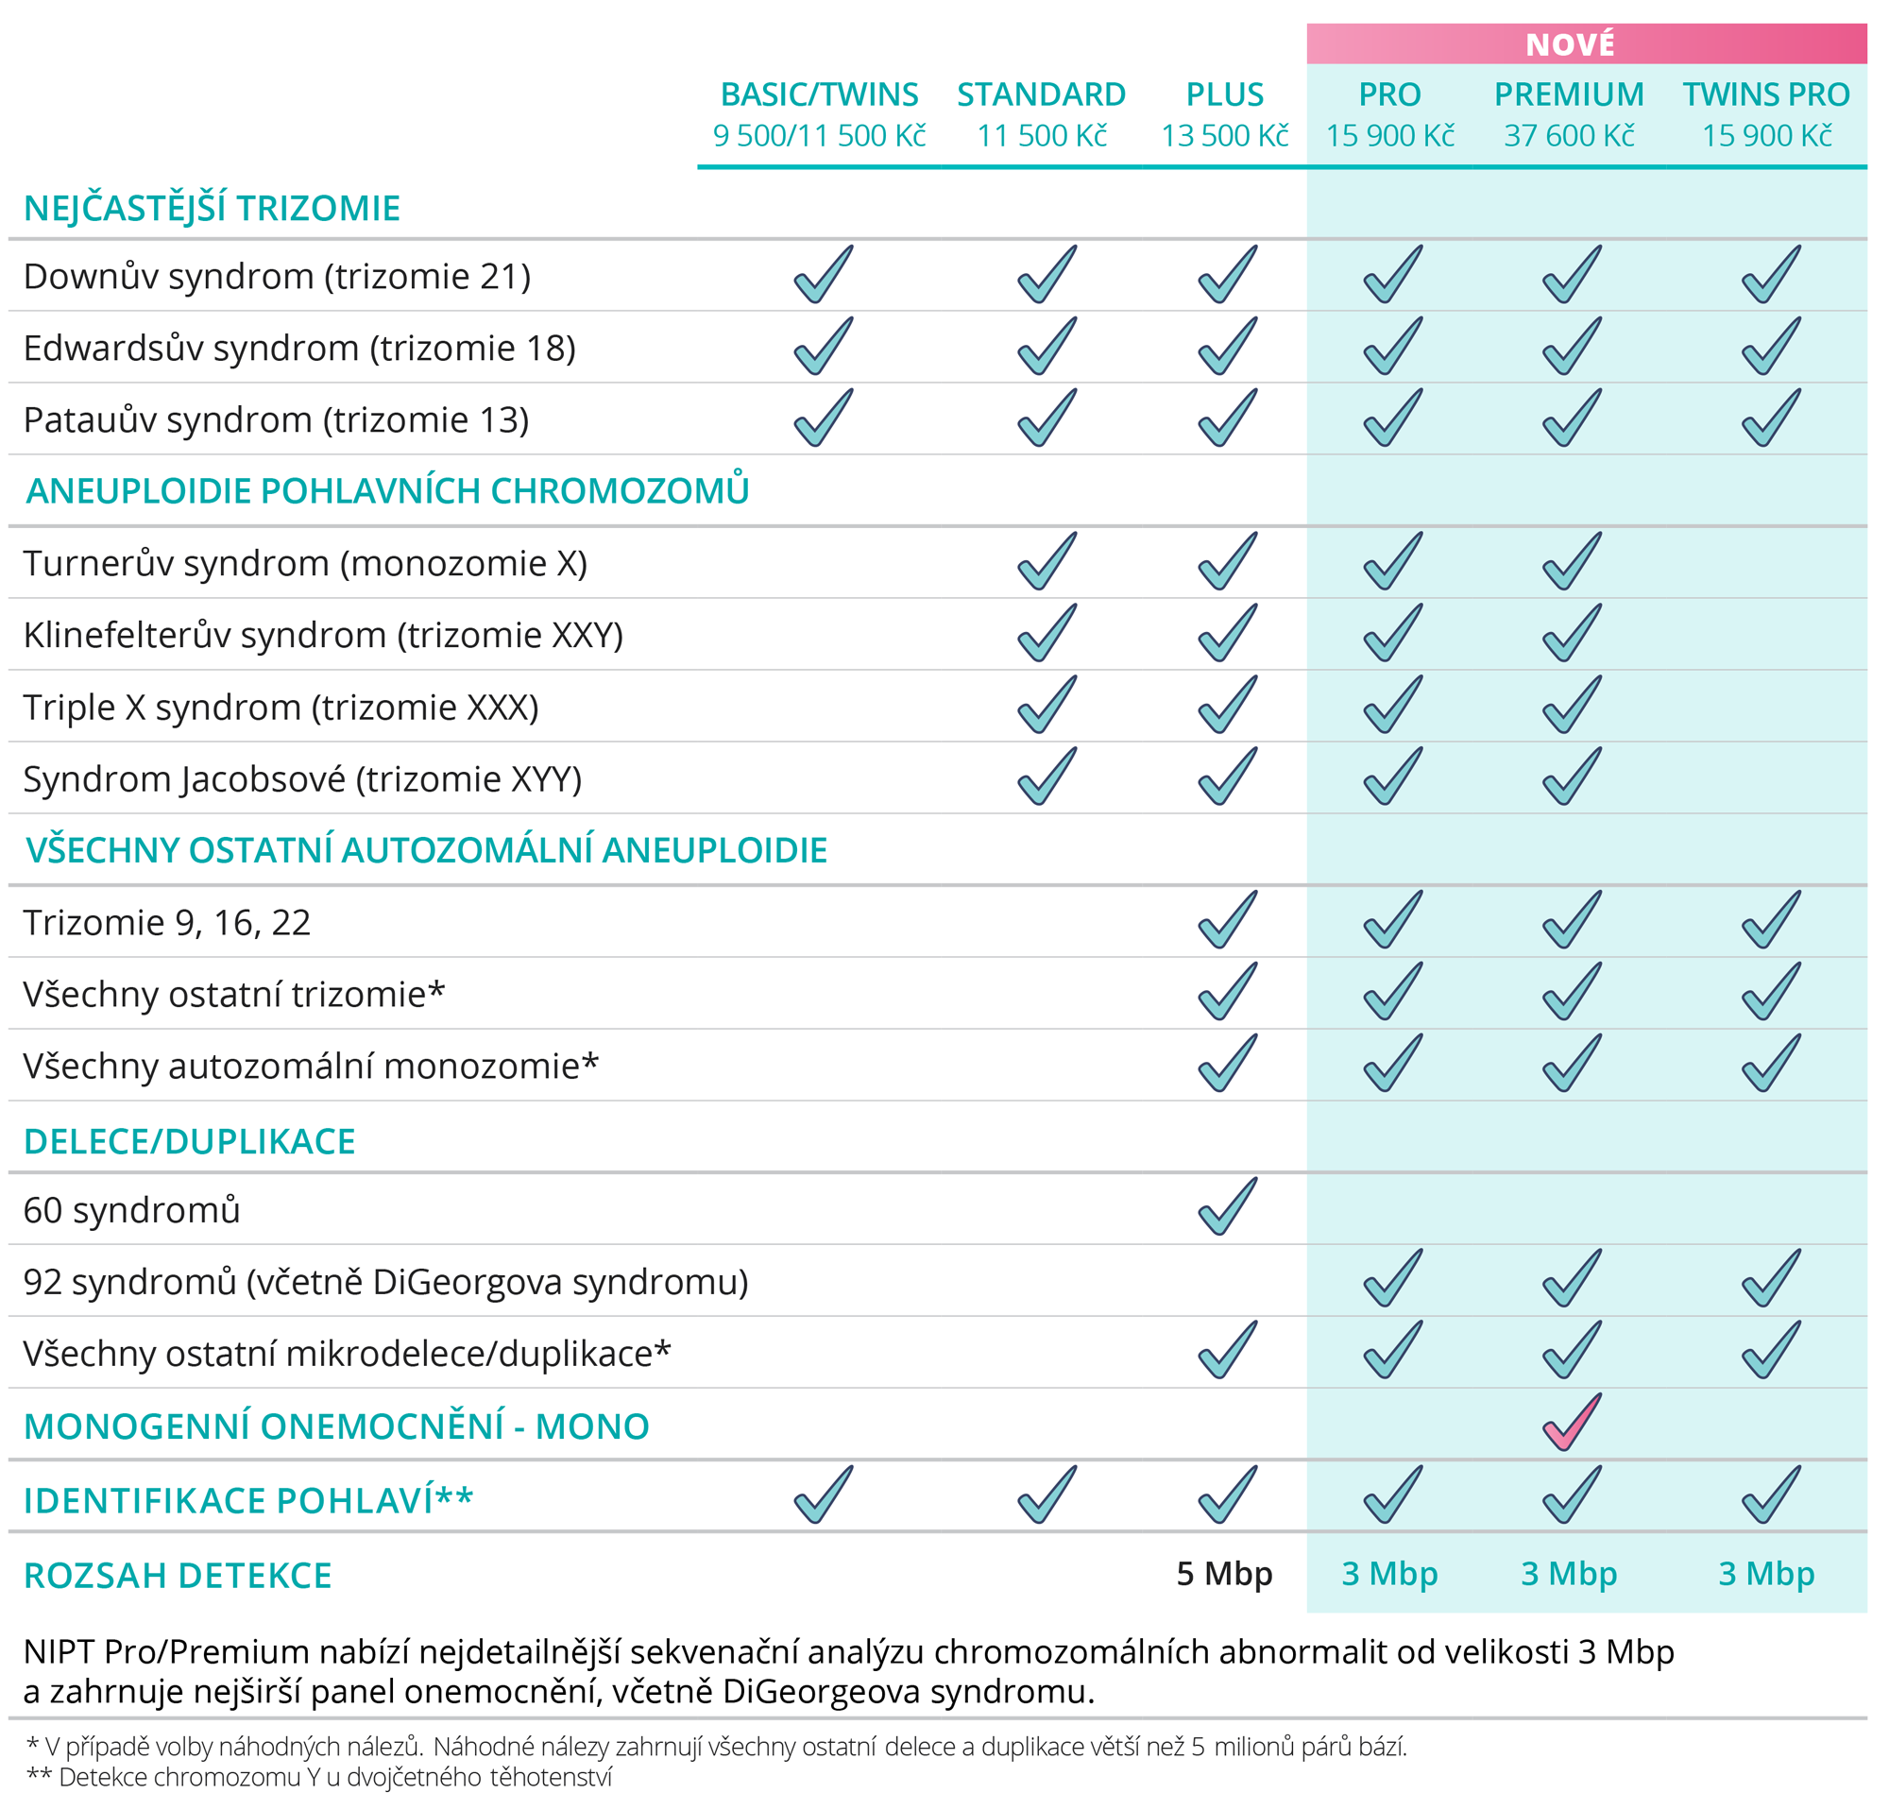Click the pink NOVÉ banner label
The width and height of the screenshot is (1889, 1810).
pyautogui.click(x=1570, y=44)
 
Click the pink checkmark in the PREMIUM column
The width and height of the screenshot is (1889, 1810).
pyautogui.click(x=1572, y=1423)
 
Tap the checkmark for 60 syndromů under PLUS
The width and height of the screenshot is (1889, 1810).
pyautogui.click(x=1228, y=1205)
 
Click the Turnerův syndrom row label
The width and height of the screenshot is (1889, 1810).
pyautogui.click(x=305, y=564)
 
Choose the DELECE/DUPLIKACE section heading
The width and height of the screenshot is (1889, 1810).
pyautogui.click(x=190, y=1142)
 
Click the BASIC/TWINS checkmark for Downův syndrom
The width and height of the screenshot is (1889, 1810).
pyautogui.click(x=823, y=274)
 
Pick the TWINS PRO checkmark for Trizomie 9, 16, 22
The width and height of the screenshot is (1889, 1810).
pyautogui.click(x=1772, y=919)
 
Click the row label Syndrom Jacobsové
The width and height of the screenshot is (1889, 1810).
pyautogui.click(x=302, y=779)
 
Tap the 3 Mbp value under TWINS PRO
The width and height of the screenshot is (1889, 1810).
pyautogui.click(x=1766, y=1574)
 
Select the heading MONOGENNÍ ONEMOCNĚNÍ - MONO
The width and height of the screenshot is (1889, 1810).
pyautogui.click(x=336, y=1426)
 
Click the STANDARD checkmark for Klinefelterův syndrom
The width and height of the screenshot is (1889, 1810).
pyautogui.click(x=1047, y=632)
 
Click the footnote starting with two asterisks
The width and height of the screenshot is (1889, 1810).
pyautogui.click(x=319, y=1777)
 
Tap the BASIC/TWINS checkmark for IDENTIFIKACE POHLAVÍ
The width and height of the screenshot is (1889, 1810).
pyautogui.click(x=823, y=1494)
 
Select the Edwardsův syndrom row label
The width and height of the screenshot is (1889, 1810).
pyautogui.click(x=299, y=348)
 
